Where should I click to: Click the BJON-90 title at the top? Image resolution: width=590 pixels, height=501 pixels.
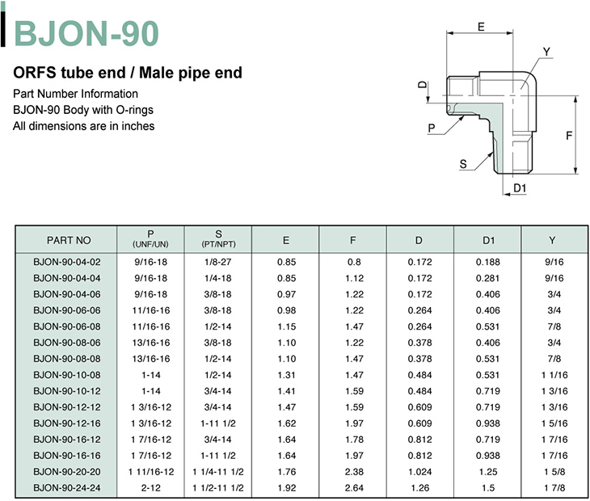click(86, 33)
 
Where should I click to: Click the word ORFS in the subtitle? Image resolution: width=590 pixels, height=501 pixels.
click(35, 73)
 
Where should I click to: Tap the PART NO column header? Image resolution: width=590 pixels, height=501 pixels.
click(69, 240)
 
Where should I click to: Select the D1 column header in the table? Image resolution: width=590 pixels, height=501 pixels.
click(488, 240)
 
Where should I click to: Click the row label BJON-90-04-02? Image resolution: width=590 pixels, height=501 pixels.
click(67, 262)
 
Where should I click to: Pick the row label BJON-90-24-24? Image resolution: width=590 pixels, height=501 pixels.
click(67, 488)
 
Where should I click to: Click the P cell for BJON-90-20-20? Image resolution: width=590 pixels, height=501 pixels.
click(151, 472)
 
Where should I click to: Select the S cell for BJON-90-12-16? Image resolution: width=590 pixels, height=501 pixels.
click(218, 423)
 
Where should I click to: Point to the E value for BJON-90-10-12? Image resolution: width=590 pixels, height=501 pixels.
click(287, 391)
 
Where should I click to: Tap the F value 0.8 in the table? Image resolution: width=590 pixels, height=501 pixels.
click(354, 262)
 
